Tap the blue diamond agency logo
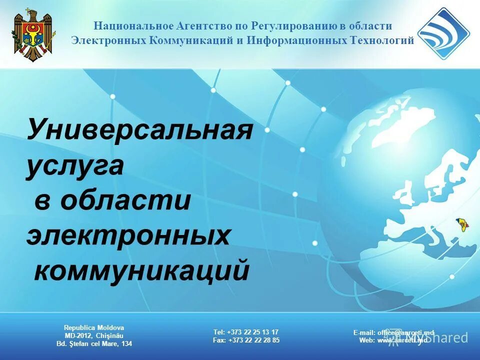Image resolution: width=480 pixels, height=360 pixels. [x=443, y=33]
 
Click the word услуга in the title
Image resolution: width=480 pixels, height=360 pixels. [x=74, y=166]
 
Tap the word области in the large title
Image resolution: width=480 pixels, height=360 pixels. [x=125, y=200]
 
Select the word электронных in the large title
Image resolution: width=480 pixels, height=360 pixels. [x=128, y=235]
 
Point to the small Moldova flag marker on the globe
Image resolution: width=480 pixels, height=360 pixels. [x=460, y=223]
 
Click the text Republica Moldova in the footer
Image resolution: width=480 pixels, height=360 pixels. [x=94, y=327]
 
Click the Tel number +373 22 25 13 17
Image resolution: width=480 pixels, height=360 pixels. [x=253, y=332]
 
